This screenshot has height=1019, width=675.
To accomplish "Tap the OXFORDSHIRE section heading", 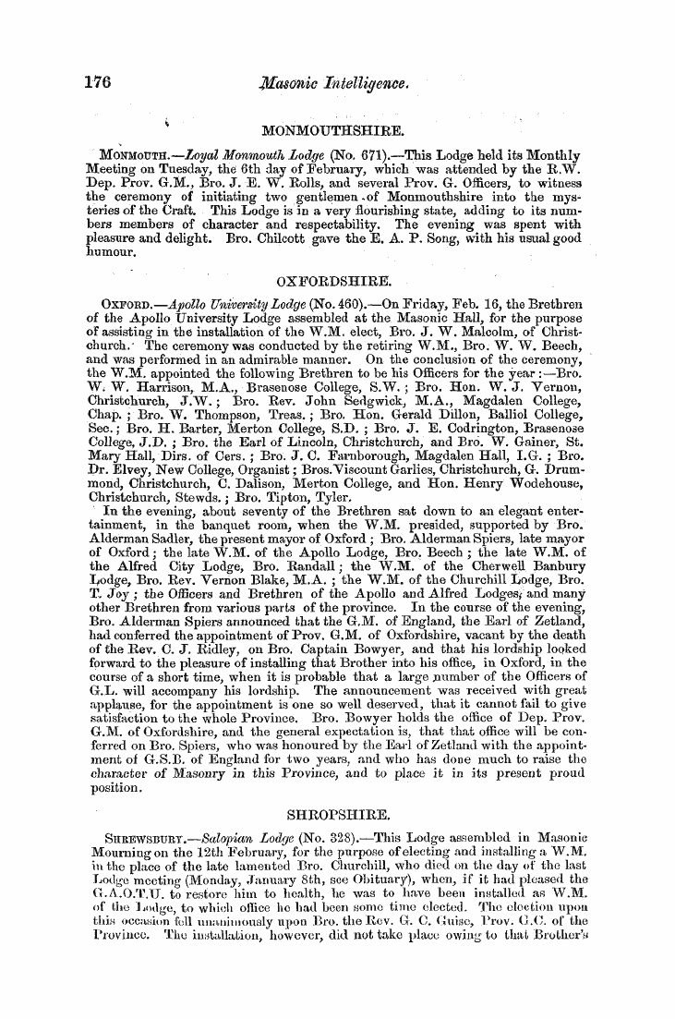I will coord(336,278).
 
